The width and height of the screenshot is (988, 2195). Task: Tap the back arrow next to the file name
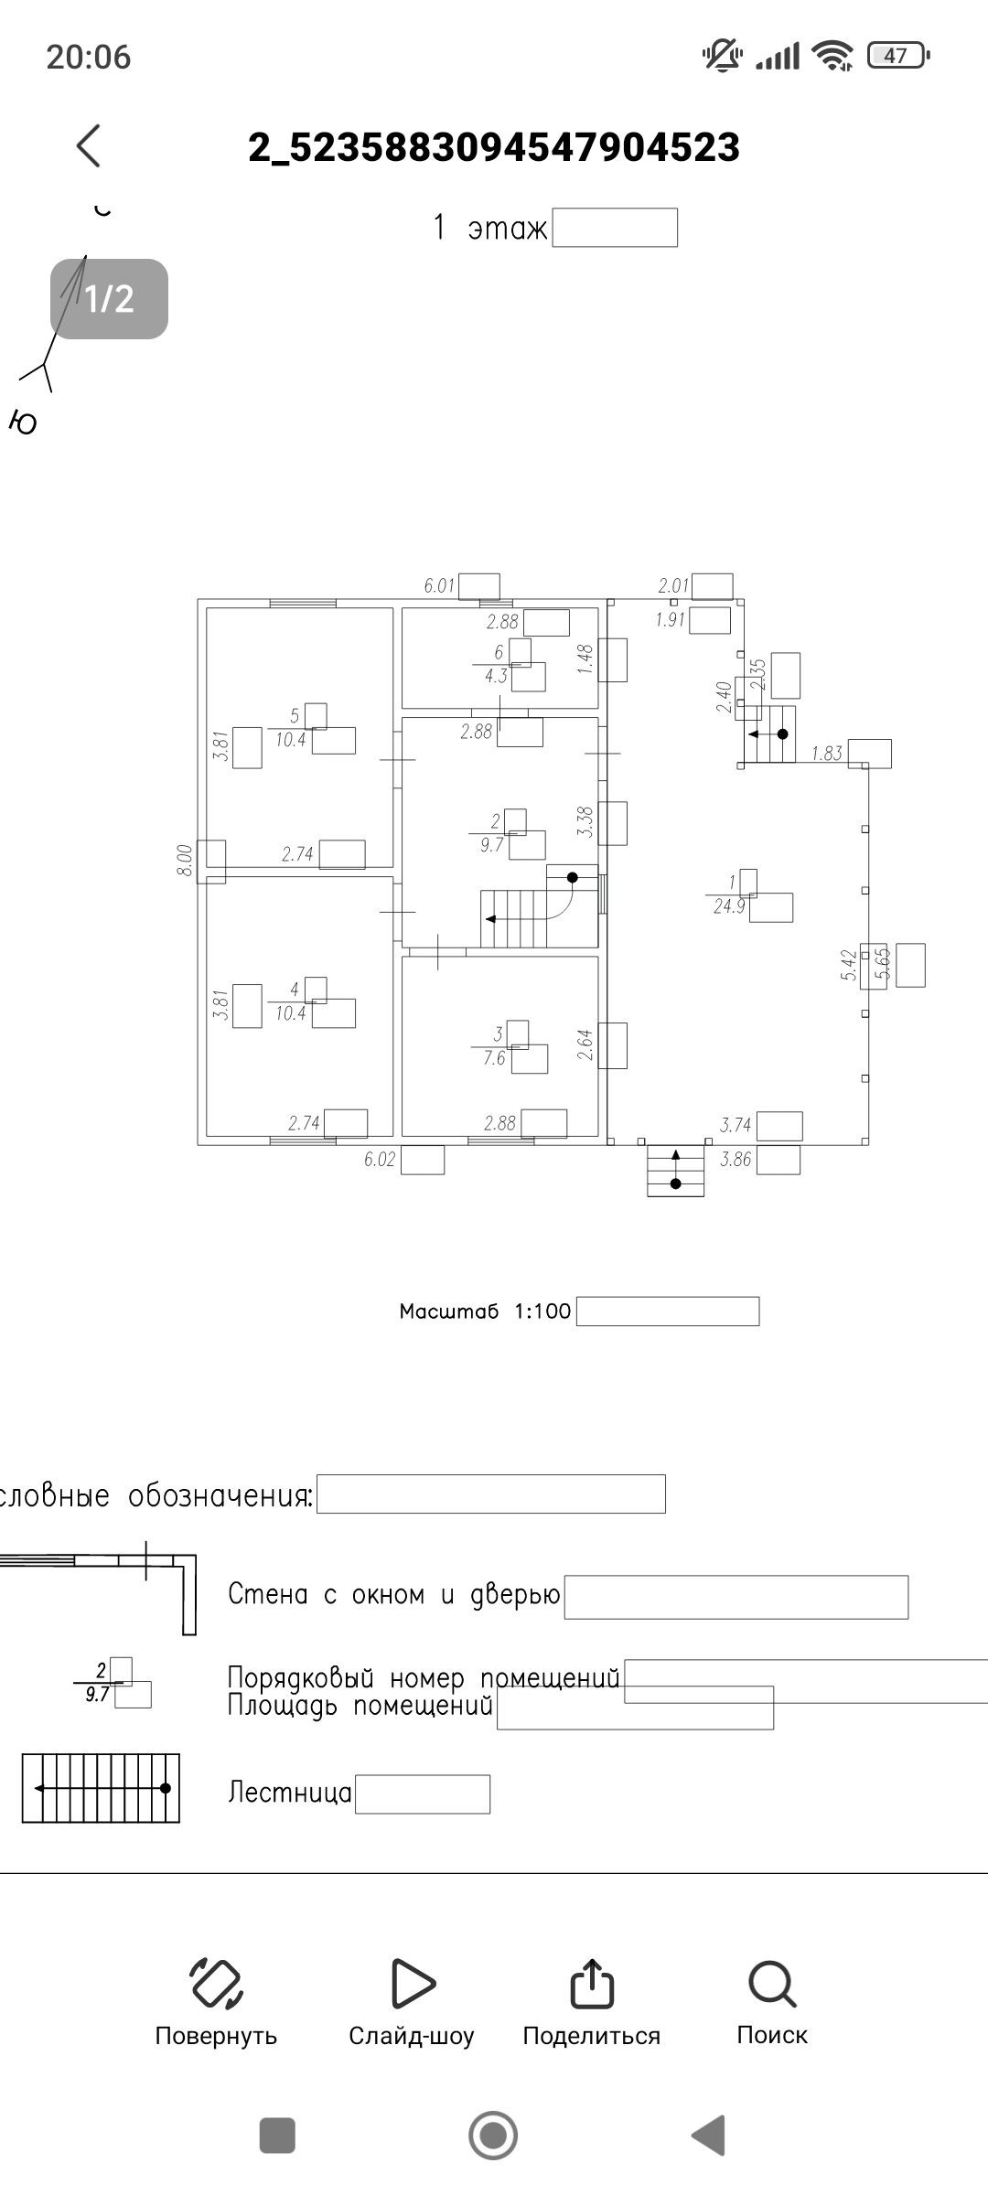click(89, 146)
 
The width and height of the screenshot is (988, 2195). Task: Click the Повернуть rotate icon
click(216, 1983)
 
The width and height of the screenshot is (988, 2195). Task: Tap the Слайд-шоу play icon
click(412, 1983)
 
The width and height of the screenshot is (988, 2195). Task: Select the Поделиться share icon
click(591, 1983)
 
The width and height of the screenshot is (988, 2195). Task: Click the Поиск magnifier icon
click(772, 1983)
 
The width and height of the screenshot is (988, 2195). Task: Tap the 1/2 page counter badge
click(109, 299)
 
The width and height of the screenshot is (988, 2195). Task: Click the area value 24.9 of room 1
click(729, 907)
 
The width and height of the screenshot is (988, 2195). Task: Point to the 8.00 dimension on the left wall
click(185, 861)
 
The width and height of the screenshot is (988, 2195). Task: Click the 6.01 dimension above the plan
click(439, 585)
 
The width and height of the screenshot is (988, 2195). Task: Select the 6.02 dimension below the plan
click(380, 1160)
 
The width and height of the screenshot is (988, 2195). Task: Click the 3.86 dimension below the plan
click(736, 1160)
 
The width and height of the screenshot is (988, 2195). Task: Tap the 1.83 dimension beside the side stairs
click(827, 754)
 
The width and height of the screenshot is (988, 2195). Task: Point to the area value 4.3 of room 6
click(496, 677)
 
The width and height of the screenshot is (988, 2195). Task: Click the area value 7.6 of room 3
click(494, 1058)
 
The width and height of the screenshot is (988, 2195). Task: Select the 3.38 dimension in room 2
click(586, 821)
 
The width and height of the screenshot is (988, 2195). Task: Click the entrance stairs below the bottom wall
click(676, 1171)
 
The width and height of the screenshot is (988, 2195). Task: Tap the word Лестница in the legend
click(289, 1792)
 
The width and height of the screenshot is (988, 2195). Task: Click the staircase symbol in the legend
click(101, 1788)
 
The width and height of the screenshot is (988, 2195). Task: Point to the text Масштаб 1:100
click(485, 1312)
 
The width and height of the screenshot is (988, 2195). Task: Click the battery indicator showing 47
click(897, 56)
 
